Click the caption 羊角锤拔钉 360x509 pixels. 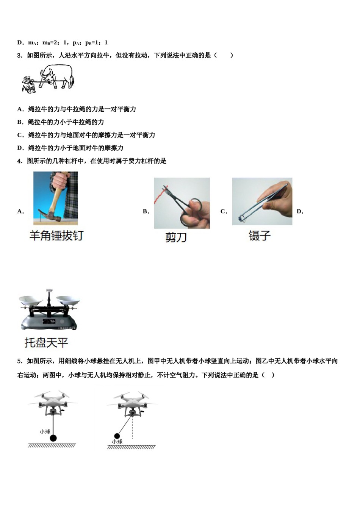56,236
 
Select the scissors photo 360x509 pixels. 182,203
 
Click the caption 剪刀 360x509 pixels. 176,237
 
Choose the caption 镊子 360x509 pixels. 260,236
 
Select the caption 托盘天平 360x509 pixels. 46,343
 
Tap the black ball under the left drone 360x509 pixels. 53,438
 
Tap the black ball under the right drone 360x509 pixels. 117,436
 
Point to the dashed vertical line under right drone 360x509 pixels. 133,430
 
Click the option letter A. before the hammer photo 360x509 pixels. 20,212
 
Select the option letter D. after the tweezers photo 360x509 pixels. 300,212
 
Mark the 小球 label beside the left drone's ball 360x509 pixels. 45,431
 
